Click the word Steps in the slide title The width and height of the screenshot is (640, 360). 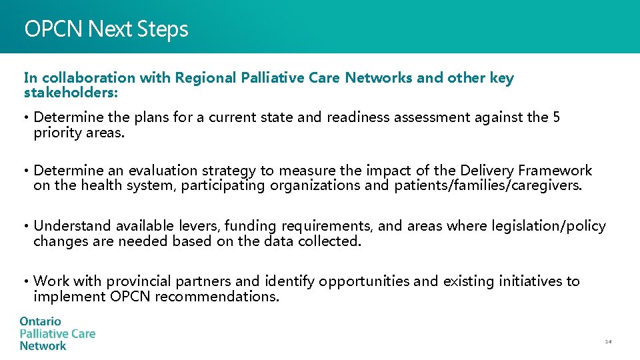click(163, 29)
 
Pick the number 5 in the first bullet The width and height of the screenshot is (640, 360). click(556, 118)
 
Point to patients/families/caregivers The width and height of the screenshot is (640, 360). click(487, 185)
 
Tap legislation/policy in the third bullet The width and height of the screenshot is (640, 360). click(549, 227)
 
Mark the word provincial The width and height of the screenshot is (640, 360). click(139, 281)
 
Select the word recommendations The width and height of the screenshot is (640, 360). click(217, 296)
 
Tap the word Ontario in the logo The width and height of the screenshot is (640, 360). click(40, 321)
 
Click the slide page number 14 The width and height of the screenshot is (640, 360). click(608, 342)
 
